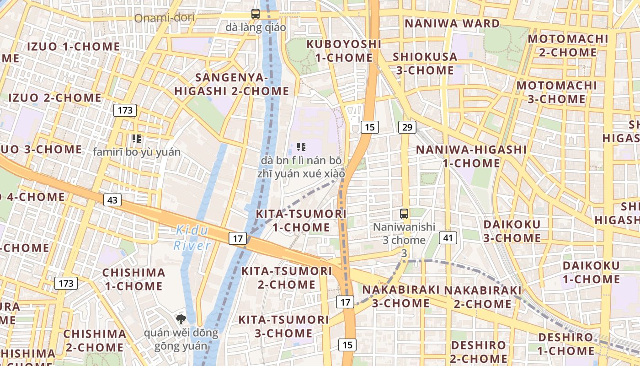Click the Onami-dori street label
[x=165, y=18]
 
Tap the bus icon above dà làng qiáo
[x=256, y=14]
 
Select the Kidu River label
[x=192, y=238]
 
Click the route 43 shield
[x=112, y=200]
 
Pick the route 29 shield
[x=407, y=127]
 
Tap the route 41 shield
[x=448, y=237]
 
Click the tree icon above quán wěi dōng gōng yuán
[x=181, y=319]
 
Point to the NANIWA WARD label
[x=452, y=23]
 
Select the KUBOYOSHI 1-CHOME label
[x=344, y=51]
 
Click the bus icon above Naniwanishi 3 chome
[x=404, y=213]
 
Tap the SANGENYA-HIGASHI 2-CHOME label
[x=231, y=84]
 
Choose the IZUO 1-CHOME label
[x=74, y=47]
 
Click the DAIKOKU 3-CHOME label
[x=512, y=231]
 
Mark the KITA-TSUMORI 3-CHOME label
[x=283, y=326]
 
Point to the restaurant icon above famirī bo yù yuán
[x=136, y=138]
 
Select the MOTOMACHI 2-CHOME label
[x=568, y=45]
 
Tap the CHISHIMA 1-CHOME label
[x=133, y=279]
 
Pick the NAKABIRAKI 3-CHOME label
[x=400, y=296]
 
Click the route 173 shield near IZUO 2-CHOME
[x=125, y=110]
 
